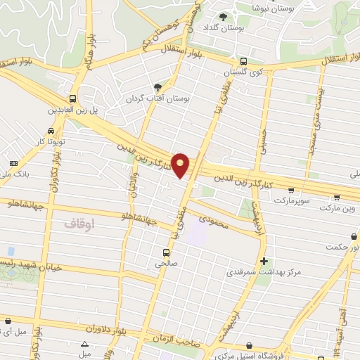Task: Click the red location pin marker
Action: [181, 165]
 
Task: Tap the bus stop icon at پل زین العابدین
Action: [73, 98]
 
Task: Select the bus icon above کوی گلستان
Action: [243, 62]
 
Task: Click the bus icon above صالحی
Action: [166, 252]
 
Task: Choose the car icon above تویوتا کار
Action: [51, 131]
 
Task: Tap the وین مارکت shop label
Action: [337, 209]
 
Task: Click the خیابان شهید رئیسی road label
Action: [32, 266]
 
